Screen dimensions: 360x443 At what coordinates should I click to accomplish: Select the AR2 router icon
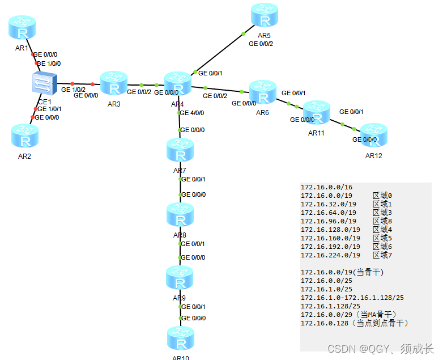click(25, 136)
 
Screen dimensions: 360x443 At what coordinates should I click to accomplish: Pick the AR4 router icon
click(178, 84)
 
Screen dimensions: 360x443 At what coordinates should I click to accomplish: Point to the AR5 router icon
click(264, 16)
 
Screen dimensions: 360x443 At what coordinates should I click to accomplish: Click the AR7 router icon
click(180, 151)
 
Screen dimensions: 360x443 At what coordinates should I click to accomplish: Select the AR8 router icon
click(180, 215)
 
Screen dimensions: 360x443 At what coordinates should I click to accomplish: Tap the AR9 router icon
click(180, 278)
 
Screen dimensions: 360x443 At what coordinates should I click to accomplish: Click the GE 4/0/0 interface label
click(192, 113)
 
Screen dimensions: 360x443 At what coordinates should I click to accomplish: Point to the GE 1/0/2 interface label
click(73, 90)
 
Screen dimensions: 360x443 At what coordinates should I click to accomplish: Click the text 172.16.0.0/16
click(326, 187)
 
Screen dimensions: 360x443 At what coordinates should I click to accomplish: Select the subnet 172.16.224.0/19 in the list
click(330, 255)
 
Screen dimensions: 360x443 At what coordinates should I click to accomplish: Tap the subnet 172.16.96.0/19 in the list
click(329, 221)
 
